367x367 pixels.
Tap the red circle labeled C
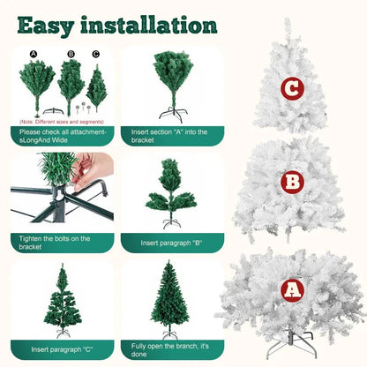292,87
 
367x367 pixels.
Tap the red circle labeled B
292,183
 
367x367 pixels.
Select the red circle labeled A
292,289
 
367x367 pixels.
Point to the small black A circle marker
34,54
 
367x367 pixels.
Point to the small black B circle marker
71,54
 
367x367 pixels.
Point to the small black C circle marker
96,54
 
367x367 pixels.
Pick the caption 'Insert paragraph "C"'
52,348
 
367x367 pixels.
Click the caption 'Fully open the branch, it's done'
171,348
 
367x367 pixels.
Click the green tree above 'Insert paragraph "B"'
171,191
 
